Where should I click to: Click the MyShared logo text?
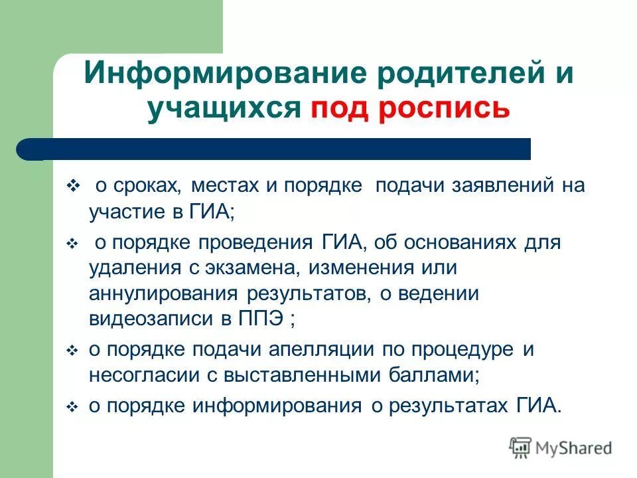(574, 449)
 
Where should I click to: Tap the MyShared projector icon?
(521, 447)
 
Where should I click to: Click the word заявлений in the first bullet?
(504, 185)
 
